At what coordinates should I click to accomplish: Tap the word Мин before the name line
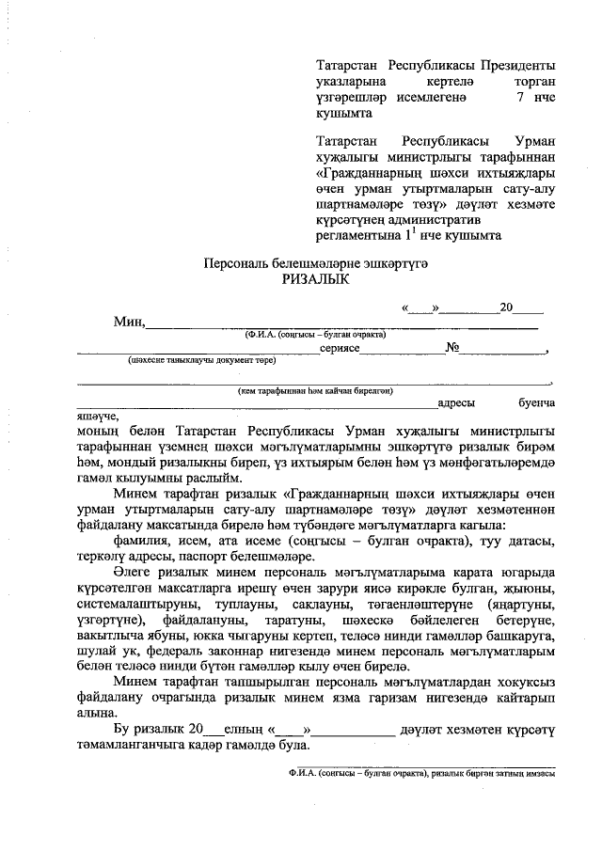(x=126, y=322)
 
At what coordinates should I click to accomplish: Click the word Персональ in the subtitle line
(x=239, y=263)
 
